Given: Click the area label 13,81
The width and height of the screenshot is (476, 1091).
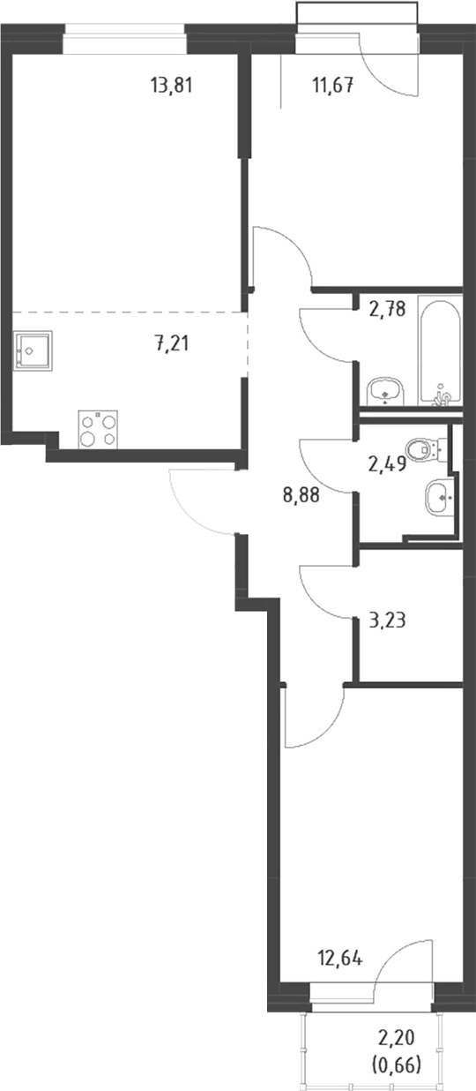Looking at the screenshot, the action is (172, 87).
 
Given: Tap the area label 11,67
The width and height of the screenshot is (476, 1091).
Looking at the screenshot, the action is (333, 87).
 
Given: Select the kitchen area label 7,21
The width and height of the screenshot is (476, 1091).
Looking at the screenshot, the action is (172, 344).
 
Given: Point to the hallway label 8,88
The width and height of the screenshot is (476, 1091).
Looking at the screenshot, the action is (301, 495).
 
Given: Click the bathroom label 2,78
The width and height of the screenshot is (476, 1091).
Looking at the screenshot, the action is (387, 309).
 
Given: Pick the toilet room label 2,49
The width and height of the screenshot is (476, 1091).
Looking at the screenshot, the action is (387, 464).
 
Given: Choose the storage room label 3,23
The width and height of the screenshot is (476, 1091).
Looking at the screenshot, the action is (387, 621).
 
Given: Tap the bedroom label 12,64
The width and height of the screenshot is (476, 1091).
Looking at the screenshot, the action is (340, 959).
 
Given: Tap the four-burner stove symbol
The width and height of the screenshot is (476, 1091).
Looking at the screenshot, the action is (98, 430).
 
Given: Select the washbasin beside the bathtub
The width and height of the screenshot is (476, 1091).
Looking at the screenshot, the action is (385, 392).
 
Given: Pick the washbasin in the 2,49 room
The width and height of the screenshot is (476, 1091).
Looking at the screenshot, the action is (441, 497).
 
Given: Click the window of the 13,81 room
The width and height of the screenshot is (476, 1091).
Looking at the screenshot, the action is (124, 39).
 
